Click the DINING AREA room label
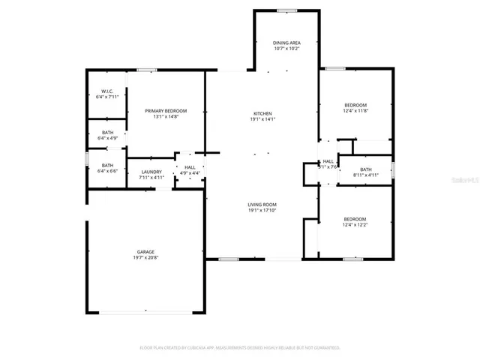coord(286,43)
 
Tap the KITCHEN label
coord(263,113)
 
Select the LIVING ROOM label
coord(263,205)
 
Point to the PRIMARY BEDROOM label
coord(166,111)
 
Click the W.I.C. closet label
coord(107,91)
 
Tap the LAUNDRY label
coord(151,172)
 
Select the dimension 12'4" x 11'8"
coord(355,110)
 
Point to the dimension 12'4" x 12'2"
coord(355,225)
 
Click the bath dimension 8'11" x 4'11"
coord(365,175)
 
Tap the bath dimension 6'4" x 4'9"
coord(108,138)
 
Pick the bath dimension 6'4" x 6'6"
coord(108,171)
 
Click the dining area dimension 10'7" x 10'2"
coord(286,49)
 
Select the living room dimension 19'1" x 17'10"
coord(263,211)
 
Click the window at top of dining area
coord(286,10)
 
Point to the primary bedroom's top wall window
coord(147,70)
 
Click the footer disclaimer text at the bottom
coord(240,348)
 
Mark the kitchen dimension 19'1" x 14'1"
coord(263,119)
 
